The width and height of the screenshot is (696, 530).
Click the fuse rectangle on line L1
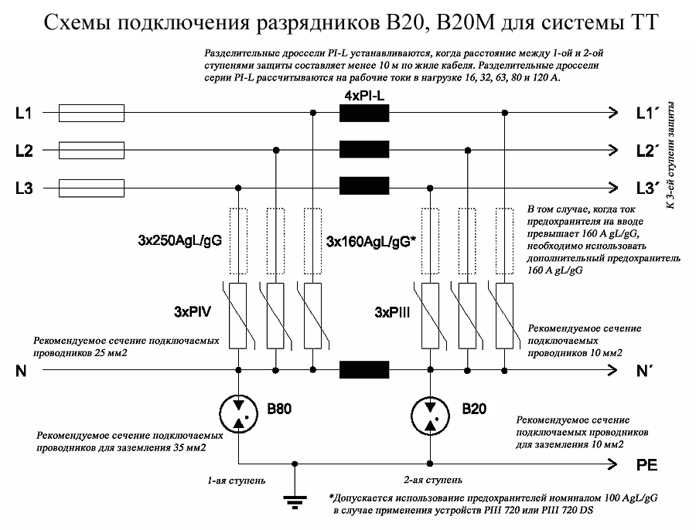(x=91, y=113)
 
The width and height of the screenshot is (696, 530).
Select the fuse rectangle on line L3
(x=91, y=188)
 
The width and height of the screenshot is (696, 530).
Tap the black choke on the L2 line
(x=364, y=149)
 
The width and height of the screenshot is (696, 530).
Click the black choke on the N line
(x=364, y=369)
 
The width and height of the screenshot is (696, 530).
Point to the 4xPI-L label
(x=364, y=96)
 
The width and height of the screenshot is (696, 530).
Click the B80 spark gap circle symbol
(x=239, y=413)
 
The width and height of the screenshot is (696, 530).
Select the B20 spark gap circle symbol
(x=430, y=416)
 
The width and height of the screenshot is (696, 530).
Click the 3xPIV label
(x=193, y=312)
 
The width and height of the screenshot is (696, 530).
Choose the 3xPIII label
(x=392, y=313)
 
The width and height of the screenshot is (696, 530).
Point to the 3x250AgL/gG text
(x=179, y=241)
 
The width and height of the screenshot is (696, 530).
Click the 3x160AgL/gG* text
(x=371, y=242)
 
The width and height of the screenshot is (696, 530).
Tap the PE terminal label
(x=647, y=465)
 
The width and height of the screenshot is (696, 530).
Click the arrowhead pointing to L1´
(x=613, y=113)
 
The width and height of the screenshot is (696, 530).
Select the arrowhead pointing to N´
(x=612, y=369)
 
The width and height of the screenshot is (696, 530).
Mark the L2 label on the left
(x=24, y=151)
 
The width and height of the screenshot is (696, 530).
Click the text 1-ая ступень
(x=237, y=481)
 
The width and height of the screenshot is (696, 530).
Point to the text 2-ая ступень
(x=433, y=480)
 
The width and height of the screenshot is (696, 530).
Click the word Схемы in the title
(x=77, y=23)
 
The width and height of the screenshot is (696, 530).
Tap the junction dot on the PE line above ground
(x=295, y=464)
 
